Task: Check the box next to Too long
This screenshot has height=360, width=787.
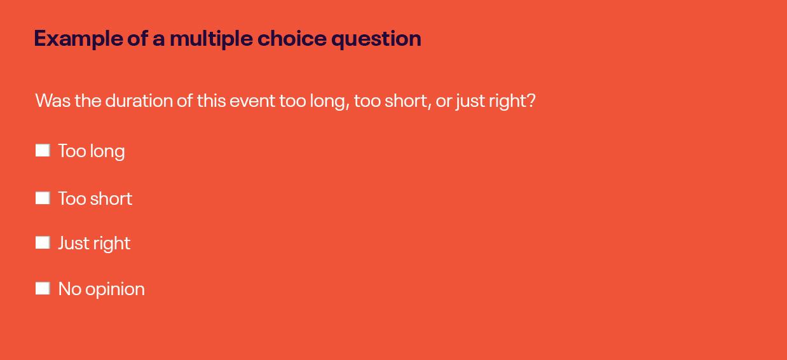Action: [43, 151]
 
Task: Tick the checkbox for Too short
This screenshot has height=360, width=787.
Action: [43, 198]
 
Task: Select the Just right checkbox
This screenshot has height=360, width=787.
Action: [43, 242]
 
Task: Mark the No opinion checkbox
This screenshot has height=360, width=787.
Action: [43, 288]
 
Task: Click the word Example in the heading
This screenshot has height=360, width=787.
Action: [78, 39]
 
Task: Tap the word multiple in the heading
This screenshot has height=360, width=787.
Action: [211, 39]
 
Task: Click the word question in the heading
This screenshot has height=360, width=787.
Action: [376, 39]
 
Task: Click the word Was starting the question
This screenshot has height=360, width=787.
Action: [53, 101]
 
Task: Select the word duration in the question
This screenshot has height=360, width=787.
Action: [139, 101]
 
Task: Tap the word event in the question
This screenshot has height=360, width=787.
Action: [252, 101]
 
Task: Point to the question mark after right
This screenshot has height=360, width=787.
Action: [531, 100]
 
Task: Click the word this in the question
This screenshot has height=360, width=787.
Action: [211, 101]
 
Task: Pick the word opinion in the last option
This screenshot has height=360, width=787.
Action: [115, 289]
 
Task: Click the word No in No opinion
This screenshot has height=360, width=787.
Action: [69, 289]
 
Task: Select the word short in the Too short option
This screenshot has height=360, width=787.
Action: [111, 198]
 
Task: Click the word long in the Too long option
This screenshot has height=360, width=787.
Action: [107, 152]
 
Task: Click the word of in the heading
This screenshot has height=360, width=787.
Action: [137, 38]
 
